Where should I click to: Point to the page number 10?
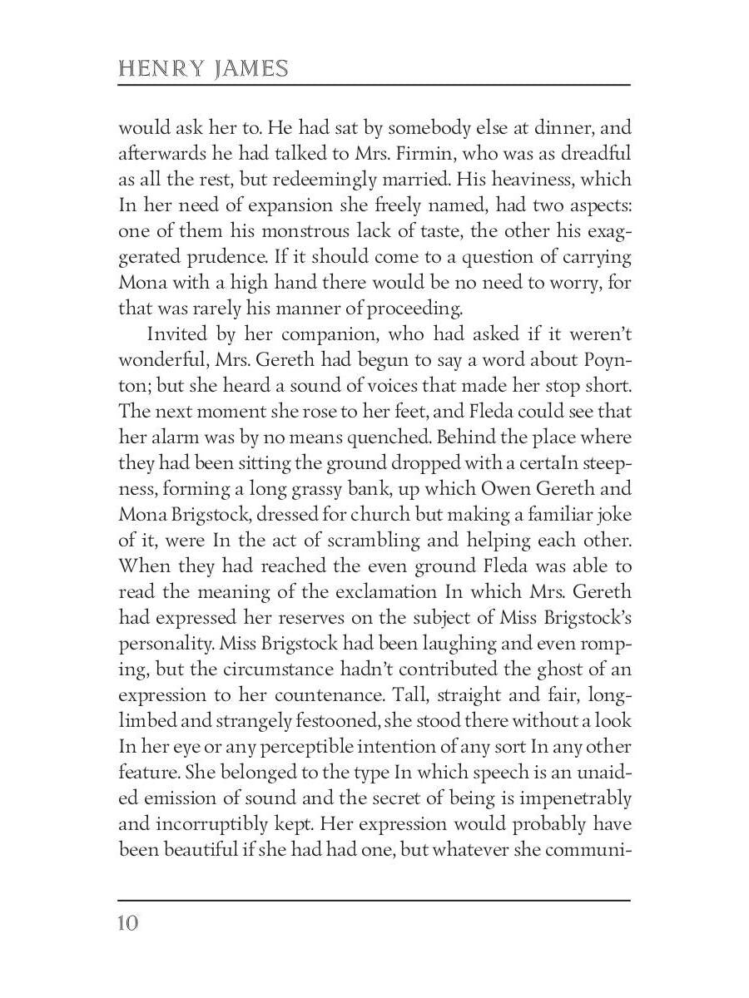point(128,923)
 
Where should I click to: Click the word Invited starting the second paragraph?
point(177,333)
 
